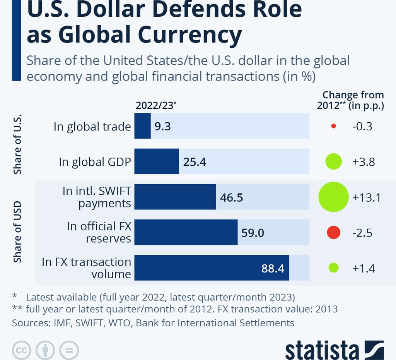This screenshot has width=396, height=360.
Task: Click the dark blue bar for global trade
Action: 142,126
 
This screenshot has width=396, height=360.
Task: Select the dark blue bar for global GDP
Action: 157,161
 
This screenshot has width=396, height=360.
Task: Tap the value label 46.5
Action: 231,197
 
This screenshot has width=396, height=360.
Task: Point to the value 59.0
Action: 253,233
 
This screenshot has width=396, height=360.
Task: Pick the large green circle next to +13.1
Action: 334,197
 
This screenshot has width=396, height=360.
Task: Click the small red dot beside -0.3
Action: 334,126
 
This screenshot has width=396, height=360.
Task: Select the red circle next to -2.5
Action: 333,233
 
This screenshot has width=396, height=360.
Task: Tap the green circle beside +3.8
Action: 334,161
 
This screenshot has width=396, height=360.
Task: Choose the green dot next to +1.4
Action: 333,268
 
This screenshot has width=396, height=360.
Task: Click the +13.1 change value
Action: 367,197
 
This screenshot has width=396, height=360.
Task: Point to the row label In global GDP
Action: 95,161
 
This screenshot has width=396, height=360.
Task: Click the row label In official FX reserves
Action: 99,232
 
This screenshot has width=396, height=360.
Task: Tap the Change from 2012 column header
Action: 350,100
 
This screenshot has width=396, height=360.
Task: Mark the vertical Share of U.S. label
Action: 17,144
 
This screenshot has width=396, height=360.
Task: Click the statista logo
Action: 335,350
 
